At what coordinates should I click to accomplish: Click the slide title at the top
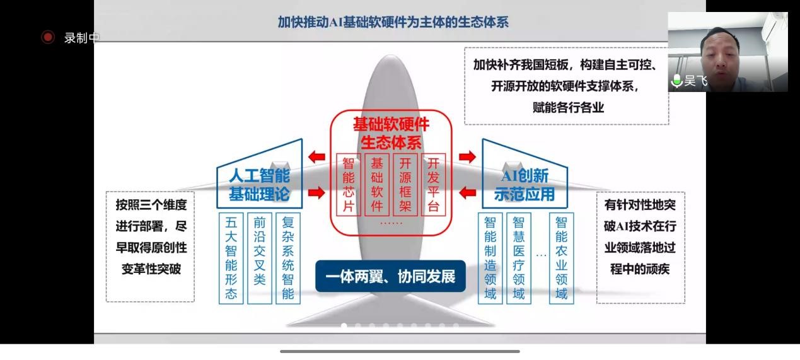pos(393,22)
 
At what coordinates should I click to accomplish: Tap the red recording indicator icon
pos(48,37)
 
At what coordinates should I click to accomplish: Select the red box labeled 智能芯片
pos(349,184)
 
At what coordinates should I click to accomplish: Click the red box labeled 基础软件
pos(377,184)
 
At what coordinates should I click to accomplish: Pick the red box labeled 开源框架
pos(405,184)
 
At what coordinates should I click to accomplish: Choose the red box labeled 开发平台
pos(433,184)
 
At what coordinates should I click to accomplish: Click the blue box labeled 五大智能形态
pos(231,258)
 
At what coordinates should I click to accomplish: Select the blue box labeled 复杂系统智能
pos(288,258)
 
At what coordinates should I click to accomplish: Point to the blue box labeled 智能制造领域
pos(490,258)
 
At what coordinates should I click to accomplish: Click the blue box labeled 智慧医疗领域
pos(518,258)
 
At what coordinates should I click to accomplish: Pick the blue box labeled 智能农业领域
pos(561,258)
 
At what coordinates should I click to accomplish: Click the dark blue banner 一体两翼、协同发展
pos(390,277)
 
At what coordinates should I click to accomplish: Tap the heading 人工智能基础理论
pos(259,185)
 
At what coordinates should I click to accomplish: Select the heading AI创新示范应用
pos(525,185)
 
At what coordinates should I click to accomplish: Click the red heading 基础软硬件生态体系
pos(391,133)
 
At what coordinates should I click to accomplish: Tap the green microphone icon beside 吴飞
pos(677,81)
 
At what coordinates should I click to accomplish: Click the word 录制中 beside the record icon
pos(81,38)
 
